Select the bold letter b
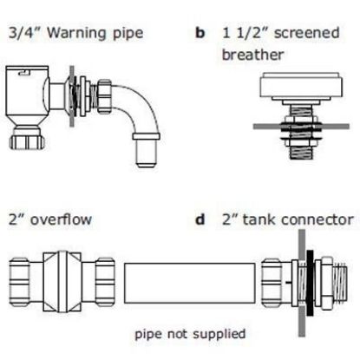coord(200,35)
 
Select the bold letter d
coord(200,219)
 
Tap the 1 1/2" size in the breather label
coord(241,35)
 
